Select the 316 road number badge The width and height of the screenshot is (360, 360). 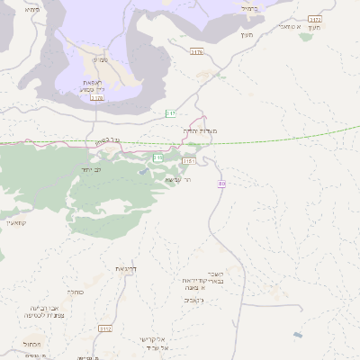(x=158, y=157)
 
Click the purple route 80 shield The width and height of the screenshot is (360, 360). (x=221, y=184)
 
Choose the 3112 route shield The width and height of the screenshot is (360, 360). (x=106, y=328)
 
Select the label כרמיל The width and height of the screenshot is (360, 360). (x=249, y=8)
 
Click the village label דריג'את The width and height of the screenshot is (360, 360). (x=125, y=268)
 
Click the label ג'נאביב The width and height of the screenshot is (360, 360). (x=194, y=300)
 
